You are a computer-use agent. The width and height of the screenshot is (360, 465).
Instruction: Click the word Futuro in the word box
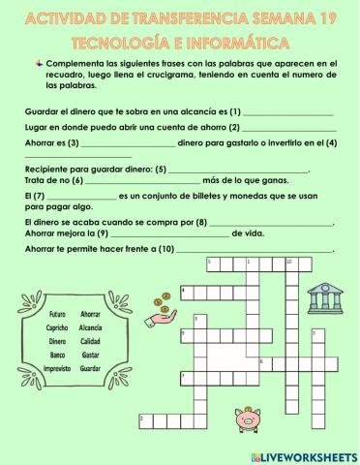[57, 314]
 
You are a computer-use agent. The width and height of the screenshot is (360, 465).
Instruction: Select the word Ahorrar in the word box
[91, 314]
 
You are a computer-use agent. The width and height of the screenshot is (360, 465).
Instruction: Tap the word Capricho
[57, 327]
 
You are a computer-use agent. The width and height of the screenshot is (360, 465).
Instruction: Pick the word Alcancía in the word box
[91, 327]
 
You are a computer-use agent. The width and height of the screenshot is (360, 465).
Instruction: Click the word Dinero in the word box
[57, 341]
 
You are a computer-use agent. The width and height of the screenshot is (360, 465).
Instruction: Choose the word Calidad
[91, 341]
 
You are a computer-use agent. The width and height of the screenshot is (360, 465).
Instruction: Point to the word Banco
[57, 355]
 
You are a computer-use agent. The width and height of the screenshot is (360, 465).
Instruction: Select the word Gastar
[91, 355]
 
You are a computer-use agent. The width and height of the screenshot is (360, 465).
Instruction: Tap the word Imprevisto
[57, 368]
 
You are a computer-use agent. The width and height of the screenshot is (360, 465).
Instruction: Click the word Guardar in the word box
[91, 368]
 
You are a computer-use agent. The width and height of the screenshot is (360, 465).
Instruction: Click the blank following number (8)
[272, 223]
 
